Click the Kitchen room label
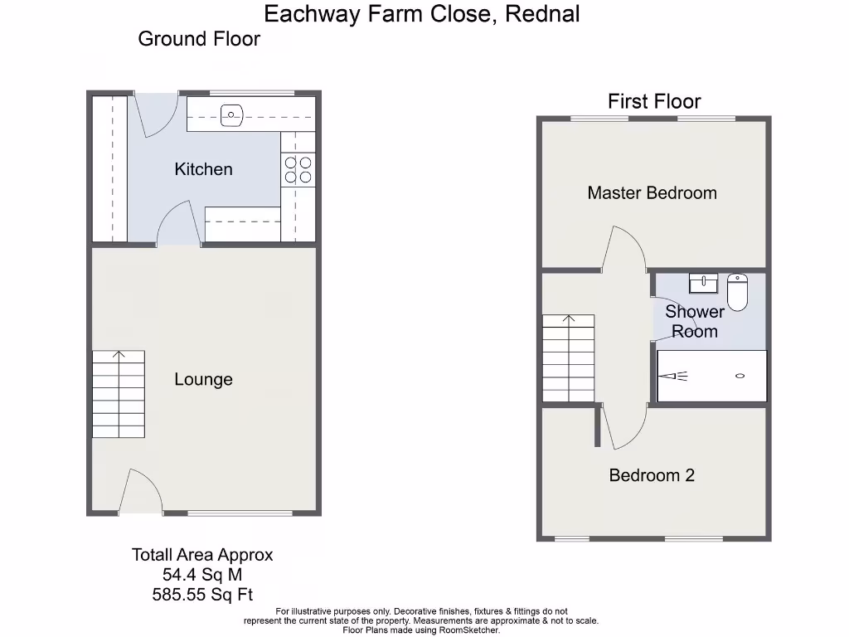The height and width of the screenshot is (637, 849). click(203, 169)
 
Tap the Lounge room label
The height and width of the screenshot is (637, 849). click(203, 380)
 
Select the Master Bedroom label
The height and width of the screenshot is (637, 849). click(652, 193)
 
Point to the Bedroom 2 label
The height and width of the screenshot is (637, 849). click(652, 475)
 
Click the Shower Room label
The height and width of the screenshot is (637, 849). click(694, 322)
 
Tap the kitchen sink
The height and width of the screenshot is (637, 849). click(231, 114)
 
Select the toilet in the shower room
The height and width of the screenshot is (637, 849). click(737, 291)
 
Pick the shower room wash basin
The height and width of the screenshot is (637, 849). click(703, 284)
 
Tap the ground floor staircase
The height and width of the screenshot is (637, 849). click(118, 395)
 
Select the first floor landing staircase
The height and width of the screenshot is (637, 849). click(569, 358)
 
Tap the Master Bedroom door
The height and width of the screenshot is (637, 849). click(625, 249)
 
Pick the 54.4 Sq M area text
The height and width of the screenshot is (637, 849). click(202, 575)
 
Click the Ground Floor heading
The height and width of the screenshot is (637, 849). click(199, 39)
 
